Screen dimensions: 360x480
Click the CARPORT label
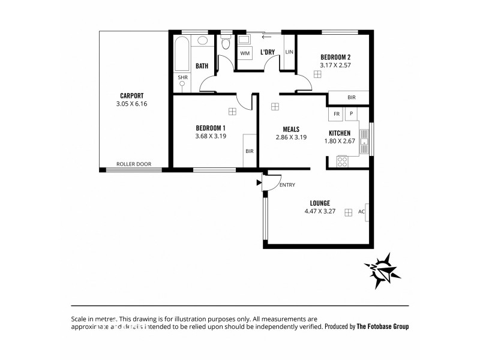131,95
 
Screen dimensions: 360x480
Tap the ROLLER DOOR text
133,164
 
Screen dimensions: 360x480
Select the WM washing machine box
245,53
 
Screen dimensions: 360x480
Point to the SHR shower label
182,77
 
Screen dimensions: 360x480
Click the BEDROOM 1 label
211,128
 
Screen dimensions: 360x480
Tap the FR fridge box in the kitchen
337,113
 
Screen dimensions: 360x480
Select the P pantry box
350,113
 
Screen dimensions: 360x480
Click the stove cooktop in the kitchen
343,161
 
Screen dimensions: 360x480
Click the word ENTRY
287,185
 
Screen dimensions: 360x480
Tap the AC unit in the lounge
361,212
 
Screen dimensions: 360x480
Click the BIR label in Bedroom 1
249,151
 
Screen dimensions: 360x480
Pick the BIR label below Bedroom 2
351,97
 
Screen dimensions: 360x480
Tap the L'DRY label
267,52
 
